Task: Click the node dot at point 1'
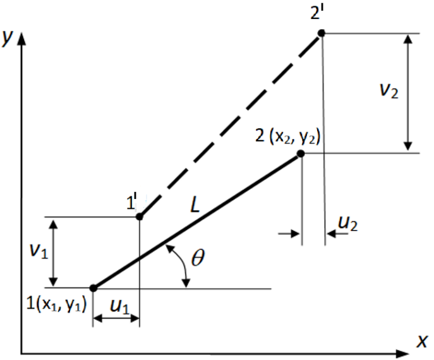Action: pos(140,217)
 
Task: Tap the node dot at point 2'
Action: pos(321,33)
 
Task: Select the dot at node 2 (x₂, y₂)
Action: pos(301,153)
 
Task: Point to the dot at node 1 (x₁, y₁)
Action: pos(93,288)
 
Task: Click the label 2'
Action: pos(317,13)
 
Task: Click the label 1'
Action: pos(132,202)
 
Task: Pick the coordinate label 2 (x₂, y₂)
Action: pos(287,136)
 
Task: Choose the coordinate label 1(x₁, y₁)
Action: pos(56,304)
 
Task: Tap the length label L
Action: pos(195,205)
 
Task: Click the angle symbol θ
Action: pos(198,257)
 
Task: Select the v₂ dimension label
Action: pos(389,90)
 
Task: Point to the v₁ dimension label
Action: pos(39,251)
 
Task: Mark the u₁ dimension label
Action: pos(119,306)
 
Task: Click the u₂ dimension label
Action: pos(348,223)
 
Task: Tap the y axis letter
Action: pos(7,38)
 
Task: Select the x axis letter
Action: pos(423,341)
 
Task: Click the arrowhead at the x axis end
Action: pos(402,354)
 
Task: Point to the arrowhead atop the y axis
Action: pos(21,39)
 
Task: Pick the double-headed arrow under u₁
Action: pos(116,319)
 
